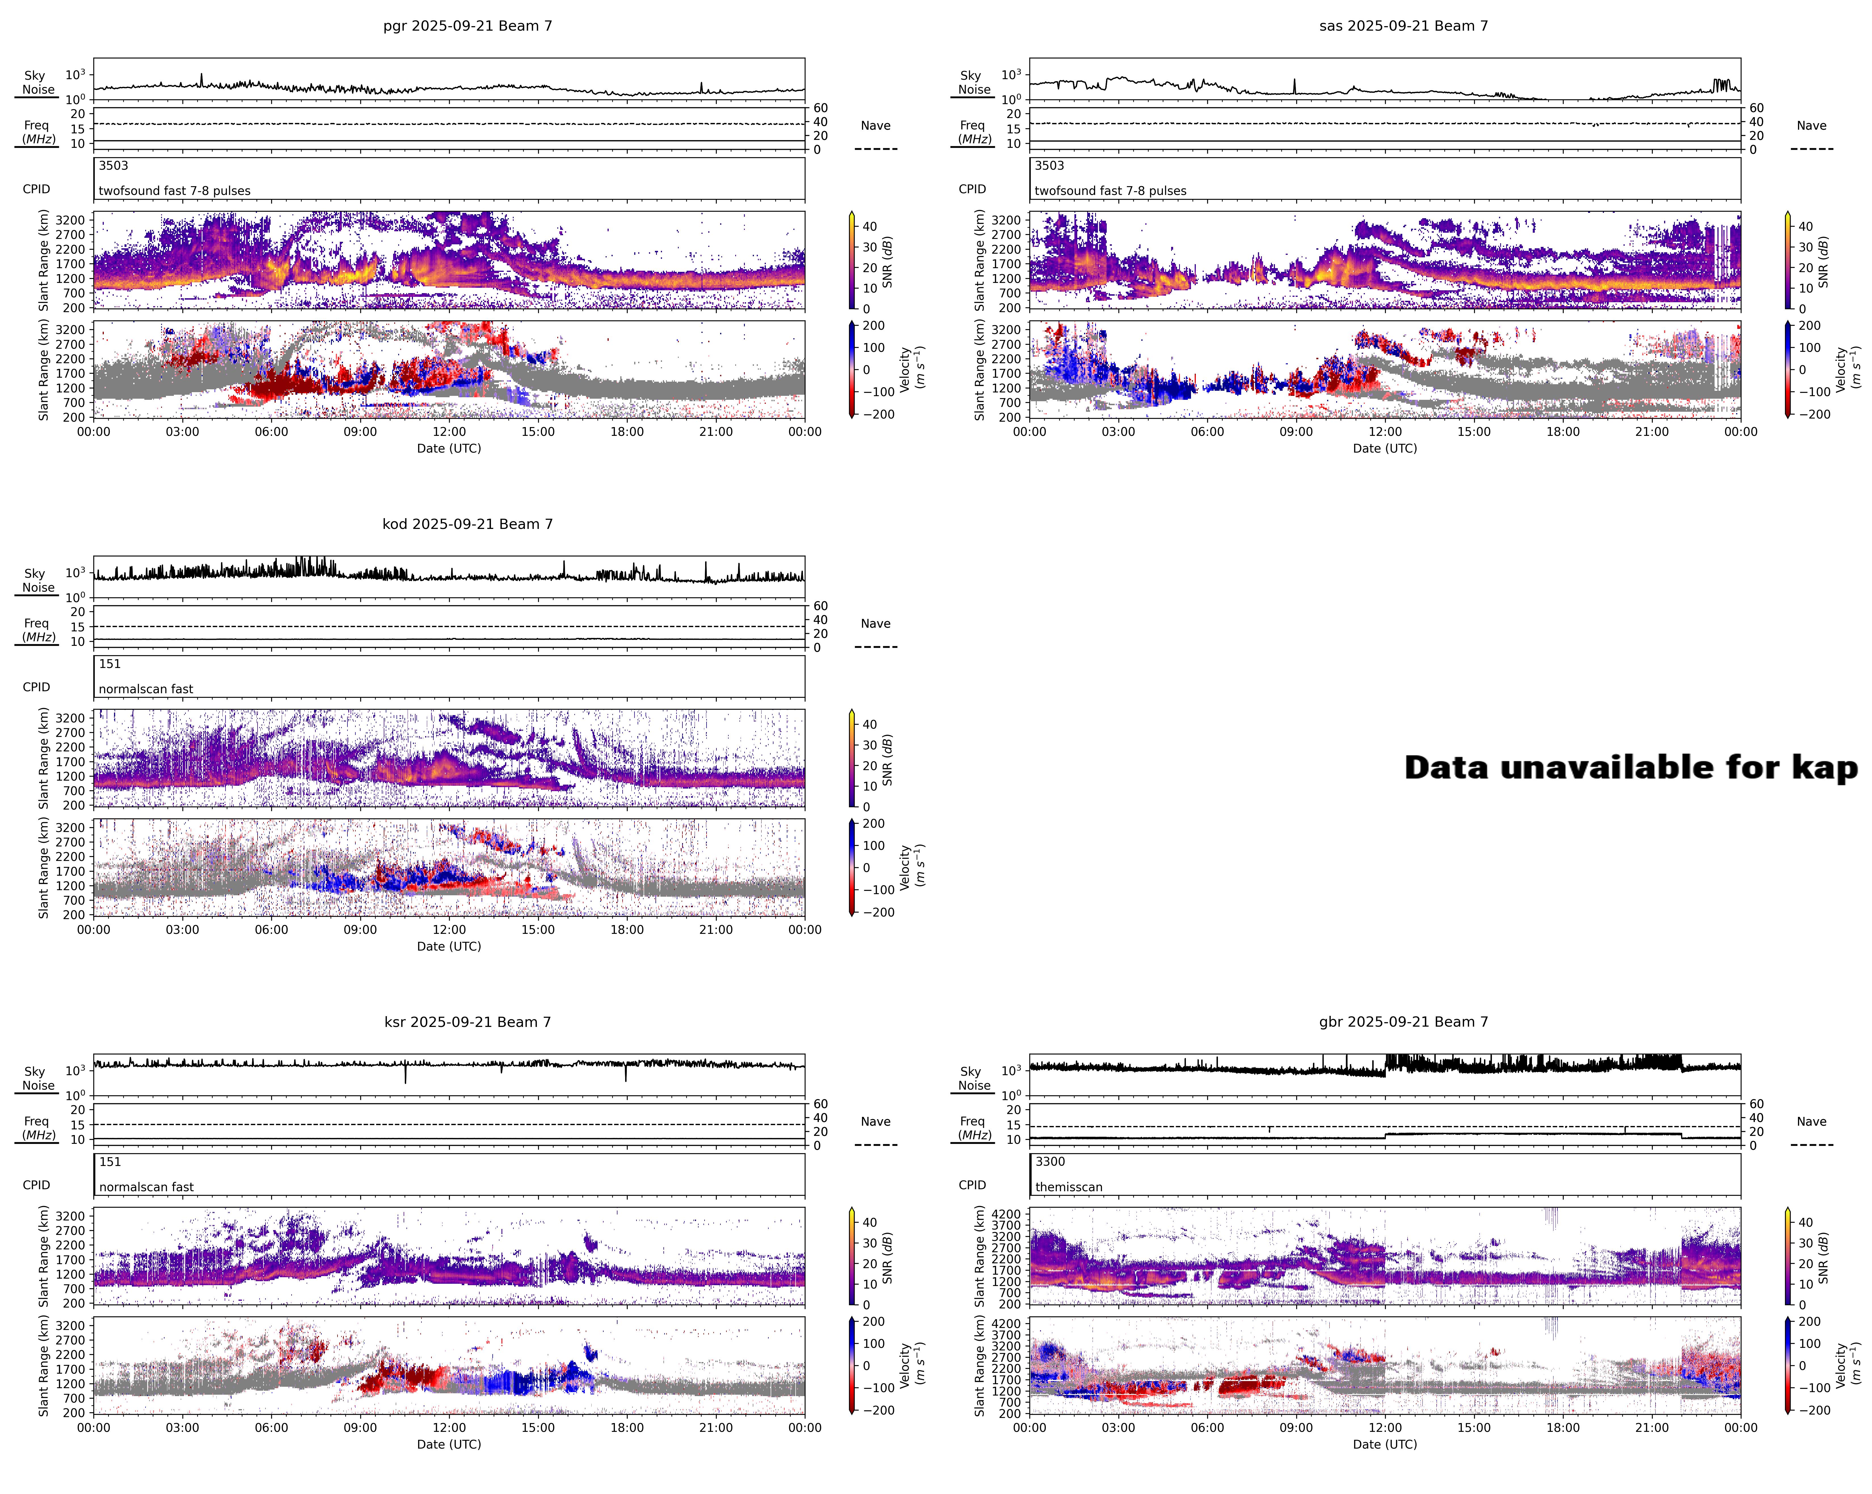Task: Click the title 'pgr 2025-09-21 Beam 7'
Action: click(467, 26)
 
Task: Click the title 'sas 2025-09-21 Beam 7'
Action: click(1403, 26)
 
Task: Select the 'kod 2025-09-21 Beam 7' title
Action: click(467, 524)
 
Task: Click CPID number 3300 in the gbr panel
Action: click(1050, 1161)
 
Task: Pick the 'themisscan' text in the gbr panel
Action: click(1069, 1186)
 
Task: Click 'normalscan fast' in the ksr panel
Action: click(146, 1186)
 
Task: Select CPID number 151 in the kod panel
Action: click(110, 664)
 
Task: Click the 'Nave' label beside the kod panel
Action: click(875, 624)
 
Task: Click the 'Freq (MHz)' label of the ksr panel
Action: click(37, 1127)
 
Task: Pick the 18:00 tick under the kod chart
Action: click(627, 929)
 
